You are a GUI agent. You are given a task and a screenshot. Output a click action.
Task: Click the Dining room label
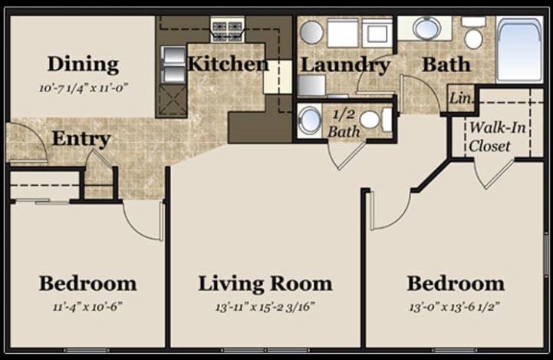tap(83, 64)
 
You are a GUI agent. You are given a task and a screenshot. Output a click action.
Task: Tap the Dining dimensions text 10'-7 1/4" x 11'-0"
tap(83, 87)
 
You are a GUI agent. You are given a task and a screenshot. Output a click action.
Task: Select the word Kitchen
tap(228, 64)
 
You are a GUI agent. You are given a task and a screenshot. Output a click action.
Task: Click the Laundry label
tap(344, 64)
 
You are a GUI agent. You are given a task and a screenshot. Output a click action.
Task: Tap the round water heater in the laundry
tap(311, 32)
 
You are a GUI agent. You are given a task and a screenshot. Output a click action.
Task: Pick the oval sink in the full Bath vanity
tap(426, 28)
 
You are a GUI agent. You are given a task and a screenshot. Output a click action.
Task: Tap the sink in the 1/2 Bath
tap(311, 121)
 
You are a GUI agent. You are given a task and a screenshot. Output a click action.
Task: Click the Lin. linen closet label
tap(459, 99)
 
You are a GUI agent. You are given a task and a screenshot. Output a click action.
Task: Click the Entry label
tap(81, 139)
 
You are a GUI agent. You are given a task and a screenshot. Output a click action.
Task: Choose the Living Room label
tap(265, 283)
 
